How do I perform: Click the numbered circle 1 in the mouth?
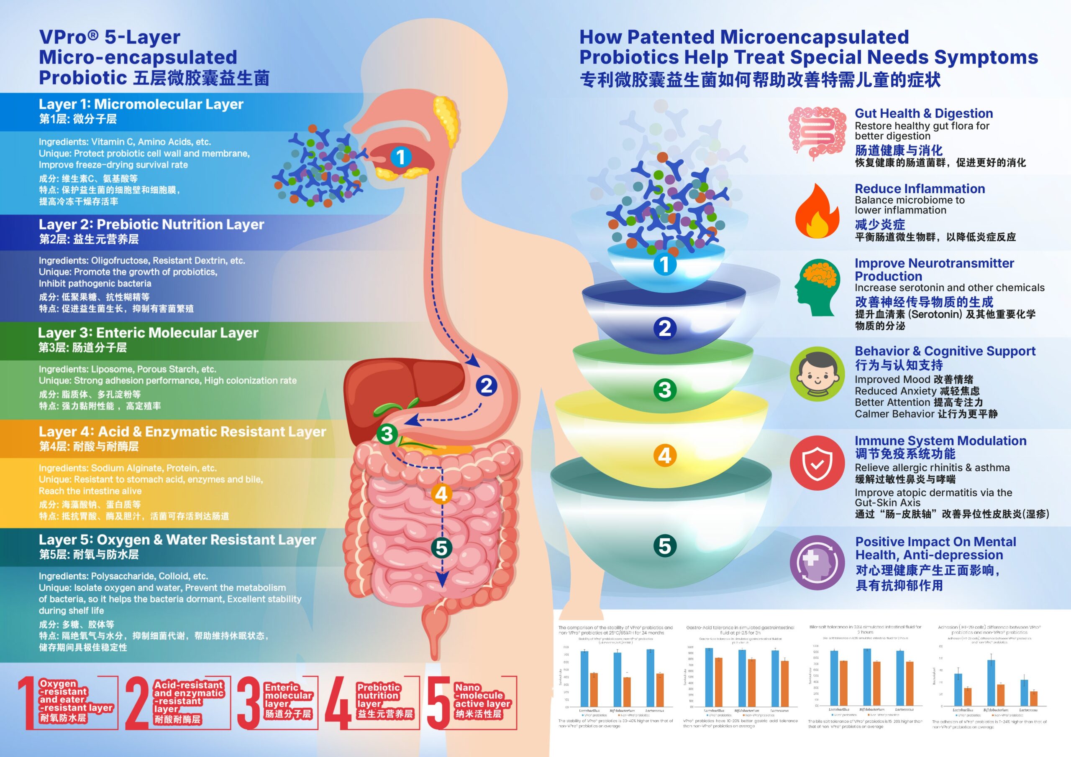pyautogui.click(x=400, y=157)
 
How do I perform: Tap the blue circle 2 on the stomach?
pyautogui.click(x=487, y=385)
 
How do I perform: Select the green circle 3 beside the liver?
pyautogui.click(x=387, y=434)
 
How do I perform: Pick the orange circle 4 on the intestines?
pyautogui.click(x=441, y=494)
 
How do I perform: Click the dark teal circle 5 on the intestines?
pyautogui.click(x=441, y=548)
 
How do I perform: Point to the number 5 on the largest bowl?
pyautogui.click(x=665, y=546)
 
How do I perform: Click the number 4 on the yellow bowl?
pyautogui.click(x=665, y=455)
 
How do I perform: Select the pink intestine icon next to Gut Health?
pyautogui.click(x=817, y=133)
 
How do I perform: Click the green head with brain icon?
pyautogui.click(x=817, y=288)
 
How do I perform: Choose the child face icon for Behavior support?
pyautogui.click(x=817, y=374)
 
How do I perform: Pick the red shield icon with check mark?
pyautogui.click(x=817, y=463)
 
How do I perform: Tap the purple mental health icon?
pyautogui.click(x=817, y=563)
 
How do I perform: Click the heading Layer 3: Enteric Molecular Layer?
pyautogui.click(x=148, y=333)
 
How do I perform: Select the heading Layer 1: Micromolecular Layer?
pyautogui.click(x=141, y=104)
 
